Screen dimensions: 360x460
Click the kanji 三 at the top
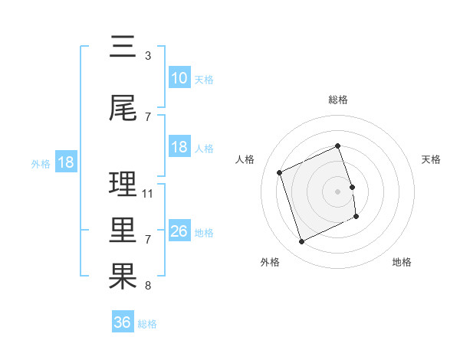(x=123, y=47)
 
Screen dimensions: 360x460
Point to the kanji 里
(x=123, y=231)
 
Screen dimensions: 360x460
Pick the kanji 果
(x=123, y=277)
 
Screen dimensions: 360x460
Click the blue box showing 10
(x=179, y=77)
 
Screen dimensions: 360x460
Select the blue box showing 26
(x=179, y=231)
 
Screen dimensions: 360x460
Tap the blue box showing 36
(x=123, y=322)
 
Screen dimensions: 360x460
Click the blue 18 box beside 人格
(x=179, y=147)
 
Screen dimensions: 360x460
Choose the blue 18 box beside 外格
(x=65, y=162)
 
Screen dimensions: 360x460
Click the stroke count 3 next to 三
(x=147, y=56)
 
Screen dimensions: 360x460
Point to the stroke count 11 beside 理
(x=148, y=193)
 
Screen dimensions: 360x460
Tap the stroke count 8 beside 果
(x=147, y=286)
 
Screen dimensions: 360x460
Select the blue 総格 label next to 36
(x=147, y=324)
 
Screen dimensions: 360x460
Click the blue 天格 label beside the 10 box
(x=204, y=79)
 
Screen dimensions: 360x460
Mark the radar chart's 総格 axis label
(x=338, y=100)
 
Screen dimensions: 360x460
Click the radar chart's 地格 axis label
(x=402, y=262)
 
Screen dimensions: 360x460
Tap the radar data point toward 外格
(x=301, y=242)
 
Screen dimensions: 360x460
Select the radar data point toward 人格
(x=280, y=172)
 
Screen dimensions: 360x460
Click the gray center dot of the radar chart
(x=338, y=191)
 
